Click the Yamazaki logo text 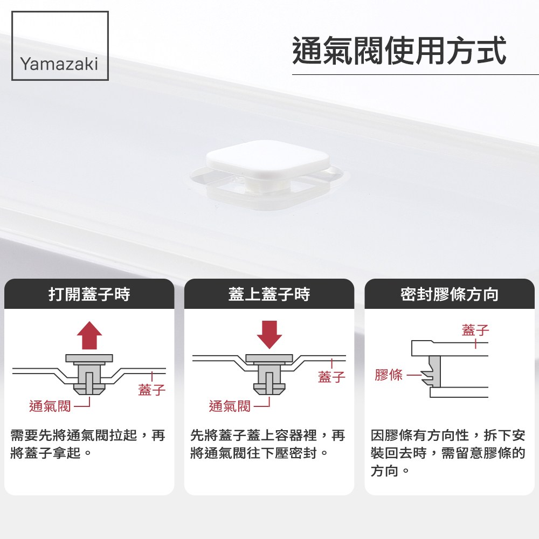coord(59,64)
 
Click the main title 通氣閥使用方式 coord(399,51)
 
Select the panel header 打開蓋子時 coord(89,294)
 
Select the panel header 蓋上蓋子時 coord(269,294)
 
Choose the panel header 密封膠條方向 coord(450,294)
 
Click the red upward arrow coord(89,335)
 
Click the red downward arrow coord(269,335)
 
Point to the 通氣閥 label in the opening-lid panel coord(50,406)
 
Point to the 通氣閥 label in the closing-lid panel coord(230,406)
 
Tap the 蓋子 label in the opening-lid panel coord(151,390)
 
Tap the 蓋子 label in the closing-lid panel coord(331,377)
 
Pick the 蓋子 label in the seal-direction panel coord(475,330)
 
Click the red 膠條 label coord(389,375)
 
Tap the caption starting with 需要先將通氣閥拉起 coord(88,444)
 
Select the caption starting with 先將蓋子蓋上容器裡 coord(267,444)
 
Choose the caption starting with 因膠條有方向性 coord(448,453)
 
